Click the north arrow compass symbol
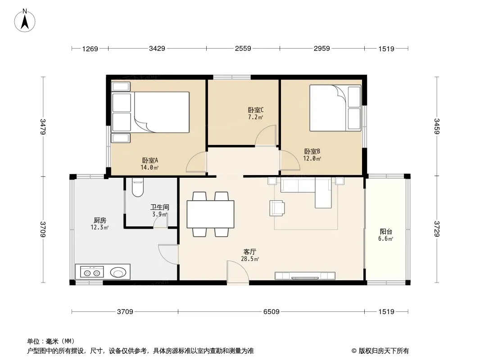[25, 20]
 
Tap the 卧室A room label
[150, 160]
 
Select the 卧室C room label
[256, 110]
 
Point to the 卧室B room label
[312, 151]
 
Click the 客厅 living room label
[250, 252]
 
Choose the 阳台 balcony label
[386, 232]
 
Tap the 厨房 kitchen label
[100, 220]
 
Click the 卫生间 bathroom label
[160, 207]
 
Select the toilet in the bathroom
[138, 187]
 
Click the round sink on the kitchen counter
[118, 272]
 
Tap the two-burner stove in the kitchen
[92, 272]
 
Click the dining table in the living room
[210, 214]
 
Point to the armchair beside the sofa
[277, 208]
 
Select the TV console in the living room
[305, 276]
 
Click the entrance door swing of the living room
[238, 273]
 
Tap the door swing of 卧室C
[266, 135]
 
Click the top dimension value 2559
[243, 48]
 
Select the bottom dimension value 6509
[271, 312]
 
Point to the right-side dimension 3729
[436, 229]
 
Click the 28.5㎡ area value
[250, 259]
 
